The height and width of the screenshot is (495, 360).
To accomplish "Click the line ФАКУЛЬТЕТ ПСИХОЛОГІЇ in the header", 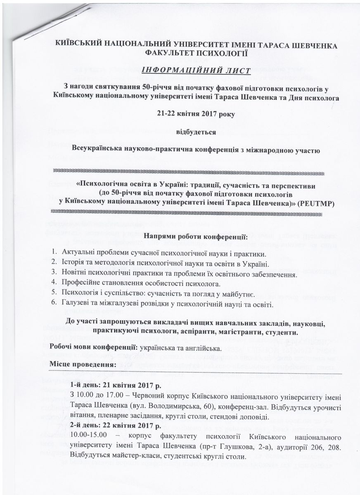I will tap(197, 52).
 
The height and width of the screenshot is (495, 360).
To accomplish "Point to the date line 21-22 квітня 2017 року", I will tap(197, 114).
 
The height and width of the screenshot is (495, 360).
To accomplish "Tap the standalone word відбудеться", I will tap(197, 132).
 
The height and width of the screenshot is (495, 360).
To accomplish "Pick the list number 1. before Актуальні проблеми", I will tap(54, 252).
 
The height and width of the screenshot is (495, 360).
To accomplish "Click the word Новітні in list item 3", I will tap(75, 273).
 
